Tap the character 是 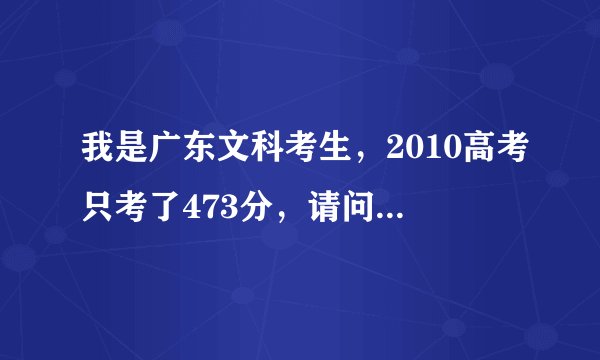133,155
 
